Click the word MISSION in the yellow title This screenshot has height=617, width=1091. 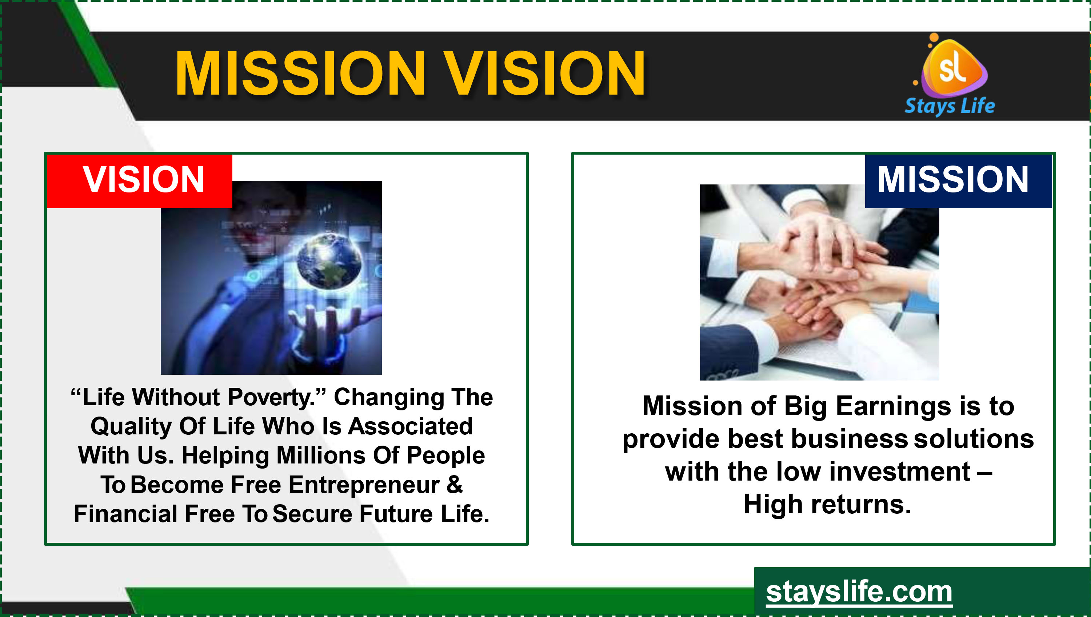click(x=300, y=73)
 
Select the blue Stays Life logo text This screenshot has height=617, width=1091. click(x=950, y=106)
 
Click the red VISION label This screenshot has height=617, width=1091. click(x=139, y=180)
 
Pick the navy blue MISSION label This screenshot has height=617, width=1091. click(x=958, y=180)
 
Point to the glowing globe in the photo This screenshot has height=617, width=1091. click(x=329, y=260)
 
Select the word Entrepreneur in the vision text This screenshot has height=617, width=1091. click(x=364, y=486)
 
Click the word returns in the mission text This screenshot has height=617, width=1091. click(x=861, y=505)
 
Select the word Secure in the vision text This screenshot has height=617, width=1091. click(x=312, y=514)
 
